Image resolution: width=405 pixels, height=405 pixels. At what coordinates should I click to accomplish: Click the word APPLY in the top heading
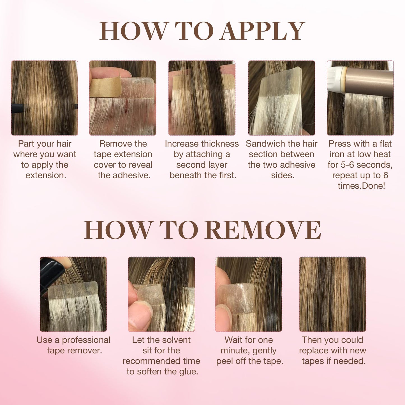pyautogui.click(x=262, y=31)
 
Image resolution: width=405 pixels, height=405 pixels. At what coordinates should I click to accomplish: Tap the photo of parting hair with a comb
pyautogui.click(x=45, y=98)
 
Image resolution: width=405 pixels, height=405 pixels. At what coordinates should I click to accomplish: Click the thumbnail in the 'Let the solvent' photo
pyautogui.click(x=141, y=318)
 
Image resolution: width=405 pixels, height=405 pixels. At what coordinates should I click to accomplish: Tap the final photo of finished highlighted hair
pyautogui.click(x=332, y=294)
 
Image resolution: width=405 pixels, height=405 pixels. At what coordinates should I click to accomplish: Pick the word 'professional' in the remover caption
pyautogui.click(x=86, y=340)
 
